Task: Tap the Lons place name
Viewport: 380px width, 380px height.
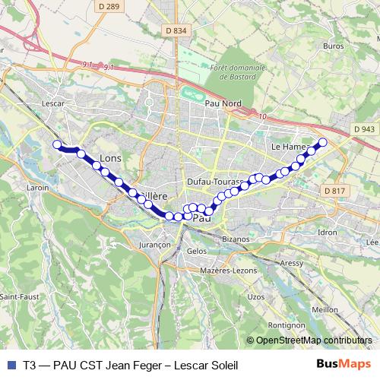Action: pyautogui.click(x=111, y=158)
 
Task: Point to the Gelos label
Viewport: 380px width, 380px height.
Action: pyautogui.click(x=195, y=250)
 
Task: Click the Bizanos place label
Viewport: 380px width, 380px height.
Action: pyautogui.click(x=236, y=239)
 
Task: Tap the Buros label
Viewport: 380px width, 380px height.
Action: pyautogui.click(x=333, y=46)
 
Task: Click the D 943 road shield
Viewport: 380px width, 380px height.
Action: pyautogui.click(x=365, y=130)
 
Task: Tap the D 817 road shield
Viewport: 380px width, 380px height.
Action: pyautogui.click(x=334, y=190)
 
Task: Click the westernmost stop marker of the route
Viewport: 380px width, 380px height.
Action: pyautogui.click(x=56, y=144)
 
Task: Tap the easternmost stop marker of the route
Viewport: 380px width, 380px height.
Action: pyautogui.click(x=322, y=142)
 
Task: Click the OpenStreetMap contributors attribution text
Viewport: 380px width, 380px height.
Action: pyautogui.click(x=315, y=340)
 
